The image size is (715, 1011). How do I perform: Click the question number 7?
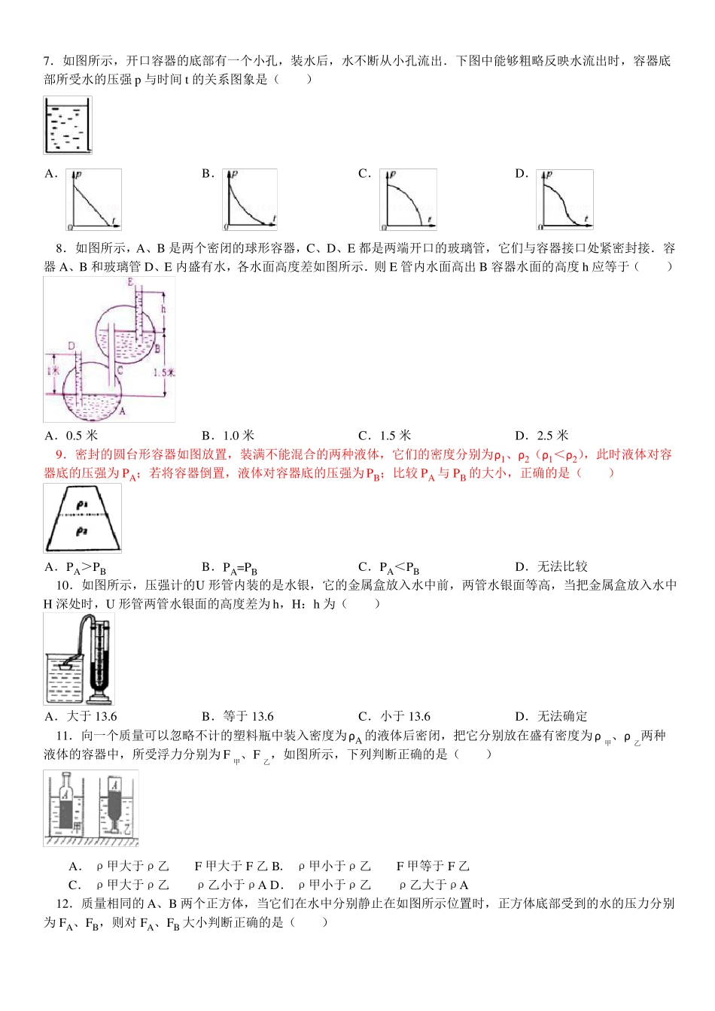pyautogui.click(x=47, y=61)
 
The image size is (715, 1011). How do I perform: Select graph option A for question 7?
pyautogui.click(x=93, y=199)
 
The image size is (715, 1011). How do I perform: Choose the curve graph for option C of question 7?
pyautogui.click(x=408, y=199)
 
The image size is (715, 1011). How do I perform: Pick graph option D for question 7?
pyautogui.click(x=565, y=199)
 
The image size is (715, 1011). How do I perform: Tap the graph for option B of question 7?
pyautogui.click(x=251, y=199)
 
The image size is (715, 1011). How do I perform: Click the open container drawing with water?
pyautogui.click(x=68, y=126)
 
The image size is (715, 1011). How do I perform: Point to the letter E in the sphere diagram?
pyautogui.click(x=131, y=282)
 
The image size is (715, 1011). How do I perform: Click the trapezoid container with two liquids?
pyautogui.click(x=82, y=518)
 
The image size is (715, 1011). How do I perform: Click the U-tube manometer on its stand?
pyautogui.click(x=100, y=658)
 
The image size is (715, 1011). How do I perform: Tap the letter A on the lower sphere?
pyautogui.click(x=123, y=411)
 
